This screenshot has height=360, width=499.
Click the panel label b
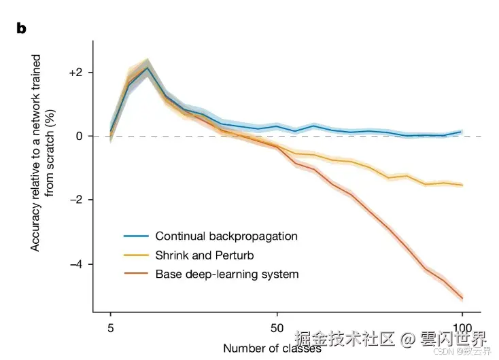point(21,29)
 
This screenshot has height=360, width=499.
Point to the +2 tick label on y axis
point(76,73)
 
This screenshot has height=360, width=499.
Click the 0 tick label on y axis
point(79,136)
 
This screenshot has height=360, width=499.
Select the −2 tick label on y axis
point(76,200)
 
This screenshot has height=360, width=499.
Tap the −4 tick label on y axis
point(76,264)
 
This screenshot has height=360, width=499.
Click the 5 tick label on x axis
point(111,326)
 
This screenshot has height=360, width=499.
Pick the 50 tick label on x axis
point(277,326)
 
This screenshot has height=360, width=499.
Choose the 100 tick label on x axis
point(462,326)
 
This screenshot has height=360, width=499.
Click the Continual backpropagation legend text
point(226,236)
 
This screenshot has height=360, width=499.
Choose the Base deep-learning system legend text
point(227,274)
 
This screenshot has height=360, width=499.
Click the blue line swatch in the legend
point(136,236)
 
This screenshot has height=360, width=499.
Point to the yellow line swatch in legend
point(136,255)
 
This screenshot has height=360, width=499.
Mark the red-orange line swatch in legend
point(136,274)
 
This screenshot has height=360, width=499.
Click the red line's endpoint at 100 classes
point(462,298)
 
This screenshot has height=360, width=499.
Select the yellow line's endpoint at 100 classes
point(462,185)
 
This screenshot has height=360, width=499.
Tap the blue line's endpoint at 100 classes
point(462,132)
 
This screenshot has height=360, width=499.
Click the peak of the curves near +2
point(148,68)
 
